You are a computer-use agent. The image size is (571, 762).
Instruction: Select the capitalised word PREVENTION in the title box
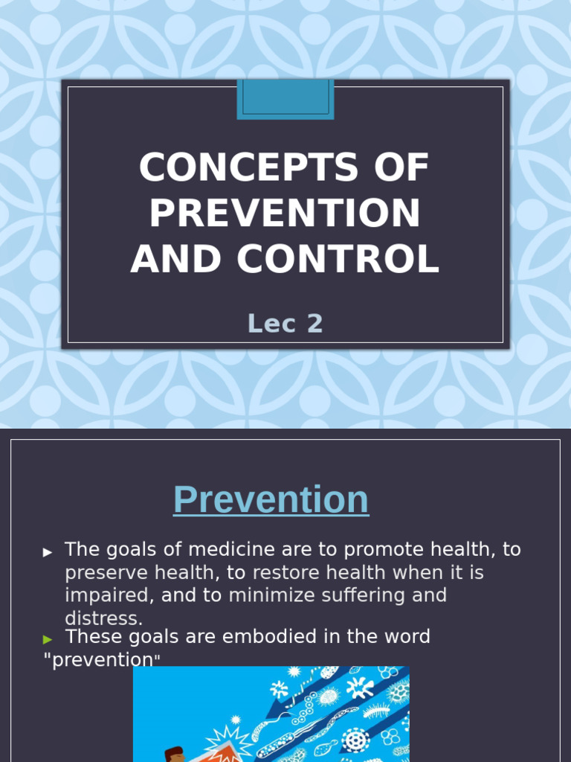click(x=285, y=214)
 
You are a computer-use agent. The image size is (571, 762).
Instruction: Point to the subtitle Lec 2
click(x=285, y=324)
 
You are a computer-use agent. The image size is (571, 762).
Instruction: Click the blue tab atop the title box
click(x=285, y=99)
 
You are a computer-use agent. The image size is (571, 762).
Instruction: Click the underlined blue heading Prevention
click(x=271, y=499)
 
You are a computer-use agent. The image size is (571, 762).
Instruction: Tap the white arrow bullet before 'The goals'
click(x=48, y=552)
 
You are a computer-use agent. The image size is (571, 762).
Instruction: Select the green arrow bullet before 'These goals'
click(x=48, y=638)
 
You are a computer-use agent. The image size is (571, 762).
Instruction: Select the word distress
click(x=103, y=618)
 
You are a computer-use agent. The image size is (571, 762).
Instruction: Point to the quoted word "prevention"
click(x=102, y=660)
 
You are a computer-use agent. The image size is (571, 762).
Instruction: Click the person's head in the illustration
click(x=174, y=754)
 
